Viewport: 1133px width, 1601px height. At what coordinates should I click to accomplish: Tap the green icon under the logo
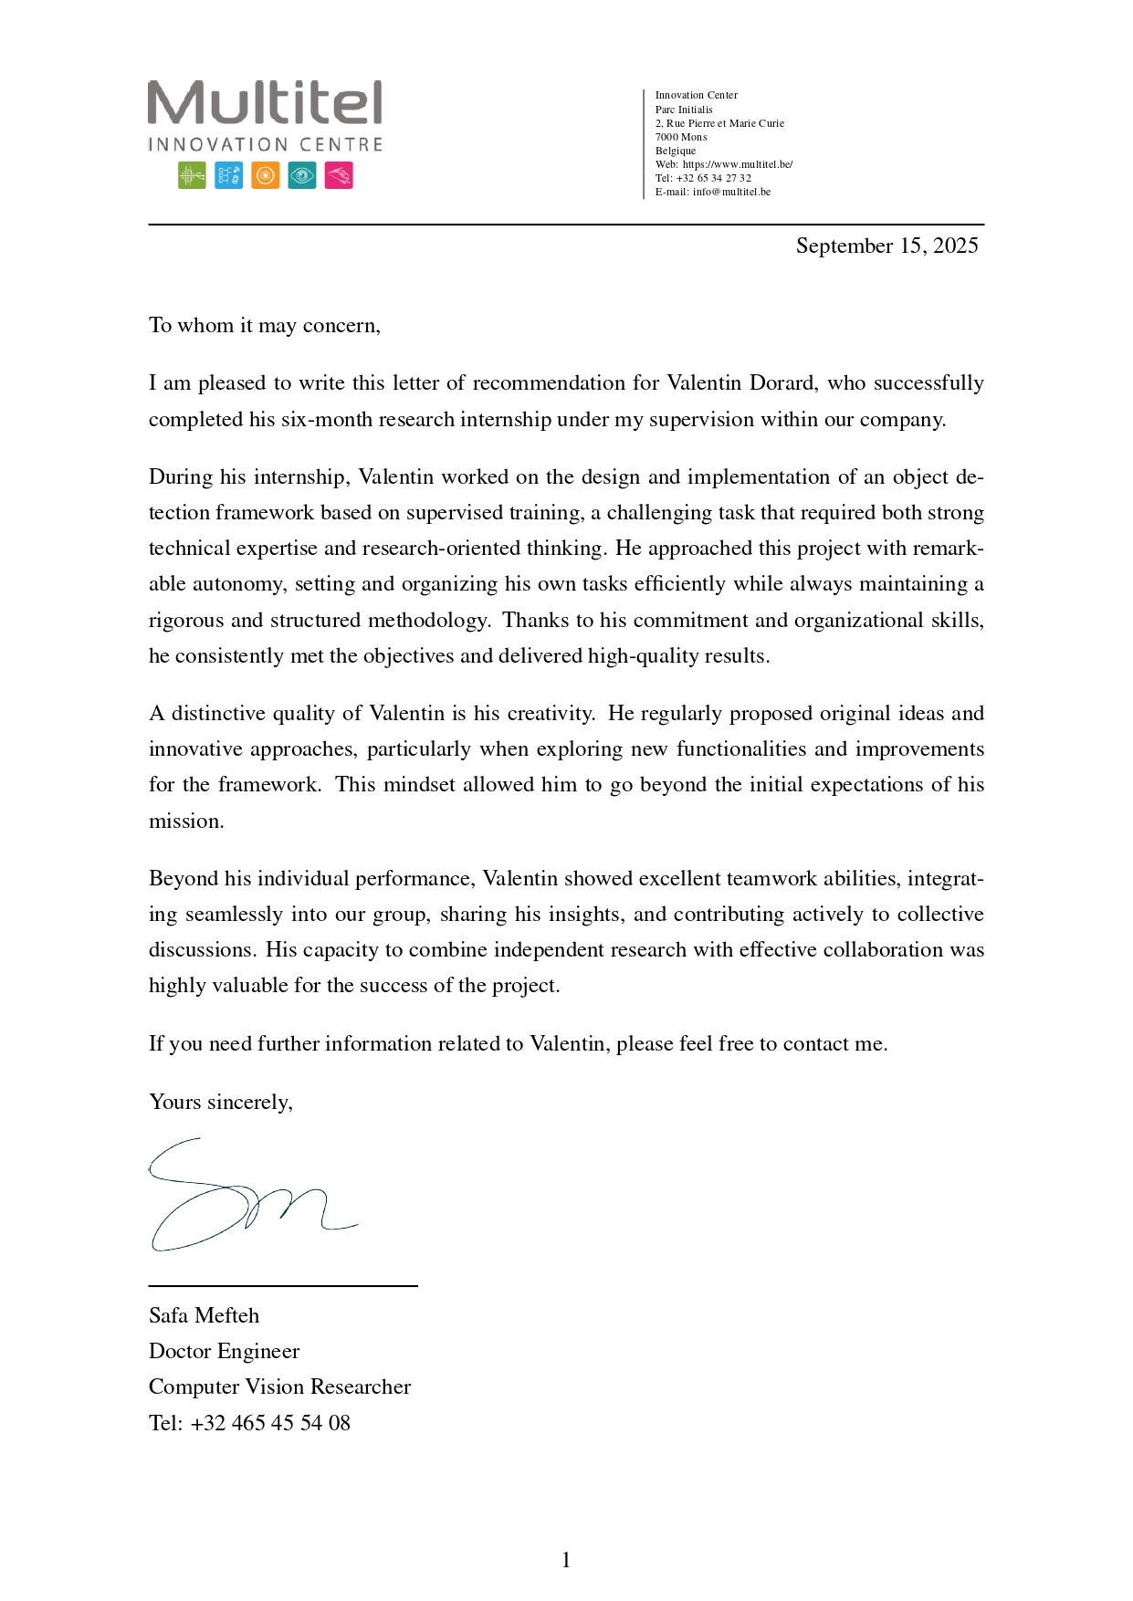[x=192, y=175]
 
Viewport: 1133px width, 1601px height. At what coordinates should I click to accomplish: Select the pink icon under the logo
[x=339, y=175]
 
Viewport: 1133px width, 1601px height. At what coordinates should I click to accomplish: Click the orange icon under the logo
[x=265, y=175]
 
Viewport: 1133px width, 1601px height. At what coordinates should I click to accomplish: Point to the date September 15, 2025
[x=886, y=246]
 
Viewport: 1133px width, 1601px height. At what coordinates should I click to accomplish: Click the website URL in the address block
[x=738, y=164]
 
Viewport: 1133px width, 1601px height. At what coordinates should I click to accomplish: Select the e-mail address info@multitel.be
[x=731, y=192]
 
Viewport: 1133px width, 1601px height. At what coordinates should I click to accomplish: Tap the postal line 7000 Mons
[x=681, y=137]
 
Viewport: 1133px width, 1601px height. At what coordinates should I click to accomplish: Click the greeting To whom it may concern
[x=264, y=326]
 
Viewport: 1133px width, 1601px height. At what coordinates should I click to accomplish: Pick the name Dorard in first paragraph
[x=782, y=383]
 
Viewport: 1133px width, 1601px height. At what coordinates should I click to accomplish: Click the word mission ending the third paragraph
[x=185, y=821]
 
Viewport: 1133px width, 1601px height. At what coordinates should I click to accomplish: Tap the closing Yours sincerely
[x=220, y=1103]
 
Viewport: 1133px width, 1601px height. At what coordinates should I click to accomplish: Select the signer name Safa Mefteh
[x=204, y=1316]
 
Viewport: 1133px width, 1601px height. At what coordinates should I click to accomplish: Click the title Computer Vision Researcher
[x=279, y=1387]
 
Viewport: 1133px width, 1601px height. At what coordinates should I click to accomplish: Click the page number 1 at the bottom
[x=566, y=1561]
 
